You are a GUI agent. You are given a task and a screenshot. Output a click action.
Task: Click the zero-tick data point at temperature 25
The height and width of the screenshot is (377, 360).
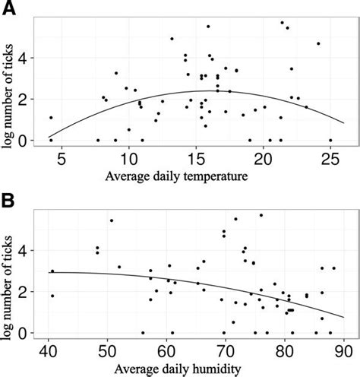330,140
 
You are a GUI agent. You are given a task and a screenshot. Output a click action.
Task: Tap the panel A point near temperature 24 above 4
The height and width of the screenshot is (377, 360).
318,43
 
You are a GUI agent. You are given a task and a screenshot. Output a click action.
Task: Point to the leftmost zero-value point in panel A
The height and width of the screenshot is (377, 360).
51,140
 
